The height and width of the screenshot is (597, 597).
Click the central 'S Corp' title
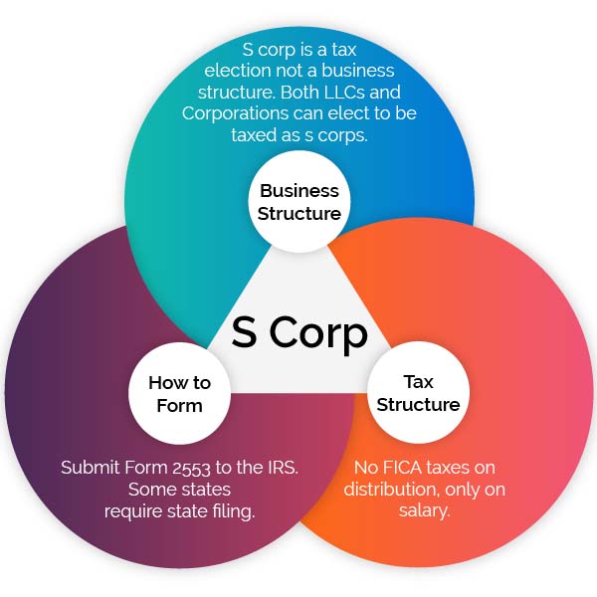point(299,333)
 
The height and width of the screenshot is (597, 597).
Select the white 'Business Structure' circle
point(299,201)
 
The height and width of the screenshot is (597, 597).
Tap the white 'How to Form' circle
point(180,393)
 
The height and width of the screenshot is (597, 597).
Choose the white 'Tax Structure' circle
point(418,393)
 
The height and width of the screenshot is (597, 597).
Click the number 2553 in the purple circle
point(191,469)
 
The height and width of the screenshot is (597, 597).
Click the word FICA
point(404,468)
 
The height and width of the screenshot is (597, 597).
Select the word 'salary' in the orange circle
point(424,510)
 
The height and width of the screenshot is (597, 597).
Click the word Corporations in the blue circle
point(235,113)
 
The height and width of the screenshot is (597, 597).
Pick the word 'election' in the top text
point(238,71)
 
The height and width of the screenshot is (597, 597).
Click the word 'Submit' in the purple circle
point(90,468)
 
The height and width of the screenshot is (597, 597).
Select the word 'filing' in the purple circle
point(234,511)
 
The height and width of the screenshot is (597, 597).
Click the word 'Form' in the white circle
point(179,406)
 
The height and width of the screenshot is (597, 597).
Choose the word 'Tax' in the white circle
point(419,381)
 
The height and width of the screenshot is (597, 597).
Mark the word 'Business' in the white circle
point(299,191)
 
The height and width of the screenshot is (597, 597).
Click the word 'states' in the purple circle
point(207,490)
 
